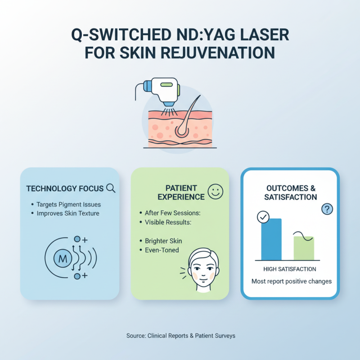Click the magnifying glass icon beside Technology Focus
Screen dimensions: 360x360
110,189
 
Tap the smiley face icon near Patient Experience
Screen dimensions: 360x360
216,193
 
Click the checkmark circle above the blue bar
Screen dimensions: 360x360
262,217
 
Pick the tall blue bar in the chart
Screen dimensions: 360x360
271,239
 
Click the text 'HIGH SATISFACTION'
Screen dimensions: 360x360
290,269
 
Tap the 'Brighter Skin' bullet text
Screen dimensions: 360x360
163,241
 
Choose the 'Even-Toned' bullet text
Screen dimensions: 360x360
162,250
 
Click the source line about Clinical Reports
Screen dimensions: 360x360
180,336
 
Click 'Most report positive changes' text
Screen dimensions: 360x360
291,282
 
